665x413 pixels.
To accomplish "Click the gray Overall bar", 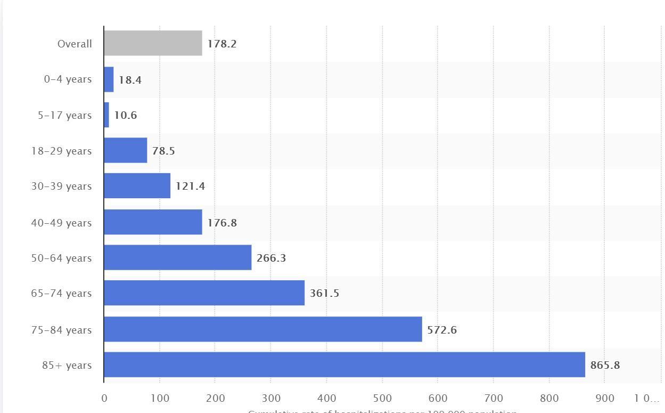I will coord(153,43).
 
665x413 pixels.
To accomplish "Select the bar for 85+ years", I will coord(344,365).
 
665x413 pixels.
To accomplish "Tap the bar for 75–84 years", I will coord(262,329).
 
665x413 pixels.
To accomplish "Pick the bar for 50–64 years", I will coord(177,257).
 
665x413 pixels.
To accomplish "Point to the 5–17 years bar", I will coord(106,115).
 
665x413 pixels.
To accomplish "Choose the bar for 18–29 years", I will coord(125,150).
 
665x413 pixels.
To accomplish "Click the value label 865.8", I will coord(605,365).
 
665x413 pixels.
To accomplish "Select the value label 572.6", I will coord(442,330).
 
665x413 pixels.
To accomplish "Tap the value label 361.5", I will coord(324,293).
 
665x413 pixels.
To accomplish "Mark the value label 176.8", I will coord(222,223).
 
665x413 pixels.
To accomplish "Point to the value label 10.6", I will coord(126,115).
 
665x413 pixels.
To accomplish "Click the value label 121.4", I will coord(190,186).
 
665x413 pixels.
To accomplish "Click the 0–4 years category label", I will coord(68,79).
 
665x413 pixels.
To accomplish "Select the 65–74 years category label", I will coord(61,293).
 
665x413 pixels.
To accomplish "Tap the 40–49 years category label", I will coord(61,223).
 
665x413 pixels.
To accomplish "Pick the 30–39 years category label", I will coord(61,186).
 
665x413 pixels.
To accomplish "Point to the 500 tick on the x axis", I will coord(382,398).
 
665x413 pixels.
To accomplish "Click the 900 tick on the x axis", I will coord(605,398).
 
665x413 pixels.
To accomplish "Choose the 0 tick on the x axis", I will coord(104,398).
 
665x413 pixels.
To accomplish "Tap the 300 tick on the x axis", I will coord(270,398).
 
